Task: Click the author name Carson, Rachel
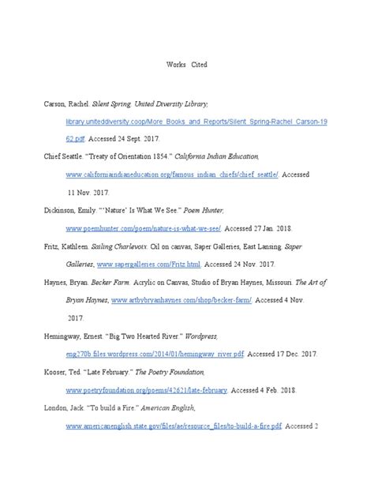click(66, 104)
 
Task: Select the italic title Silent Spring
click(114, 104)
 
